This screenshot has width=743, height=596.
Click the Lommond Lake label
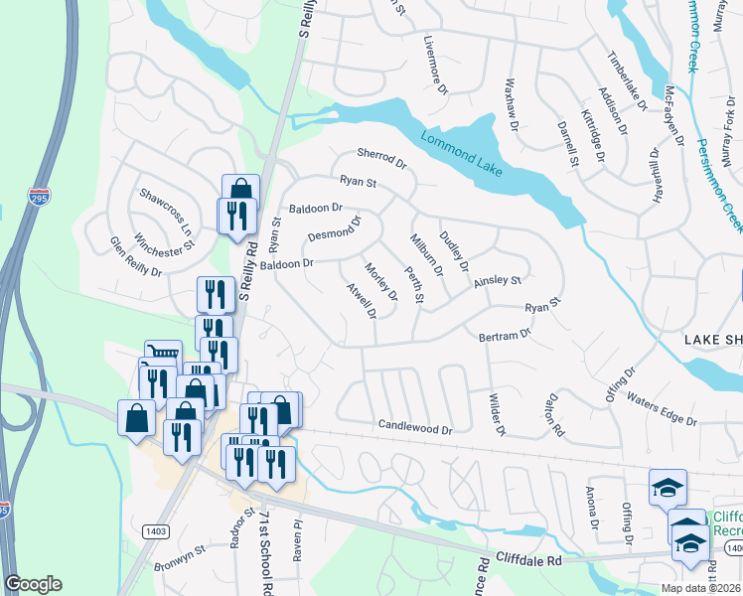coord(461,153)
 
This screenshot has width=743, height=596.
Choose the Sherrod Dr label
coord(382,159)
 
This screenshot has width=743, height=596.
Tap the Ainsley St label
coord(497,282)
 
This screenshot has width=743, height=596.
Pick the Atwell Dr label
coord(362,301)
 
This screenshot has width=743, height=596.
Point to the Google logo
coord(33,584)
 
